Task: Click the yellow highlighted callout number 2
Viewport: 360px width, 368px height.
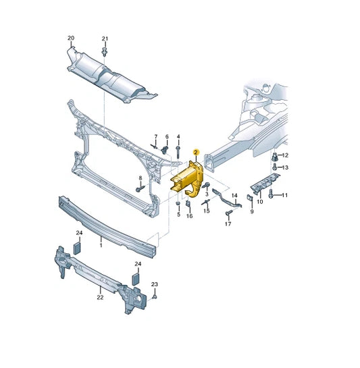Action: coord(196,153)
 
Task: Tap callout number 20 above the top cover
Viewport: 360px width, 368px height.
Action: coord(71,38)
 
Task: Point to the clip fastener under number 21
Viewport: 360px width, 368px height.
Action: coord(105,52)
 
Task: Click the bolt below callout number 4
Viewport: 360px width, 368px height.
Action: coord(178,152)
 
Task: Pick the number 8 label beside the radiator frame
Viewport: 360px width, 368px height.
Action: coord(140,178)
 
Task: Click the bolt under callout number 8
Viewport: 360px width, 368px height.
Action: coord(140,188)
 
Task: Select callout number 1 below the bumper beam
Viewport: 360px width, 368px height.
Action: coord(101,245)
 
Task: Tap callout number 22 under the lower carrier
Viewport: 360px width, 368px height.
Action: coord(100,297)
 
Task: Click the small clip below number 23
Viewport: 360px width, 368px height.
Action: coord(154,297)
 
